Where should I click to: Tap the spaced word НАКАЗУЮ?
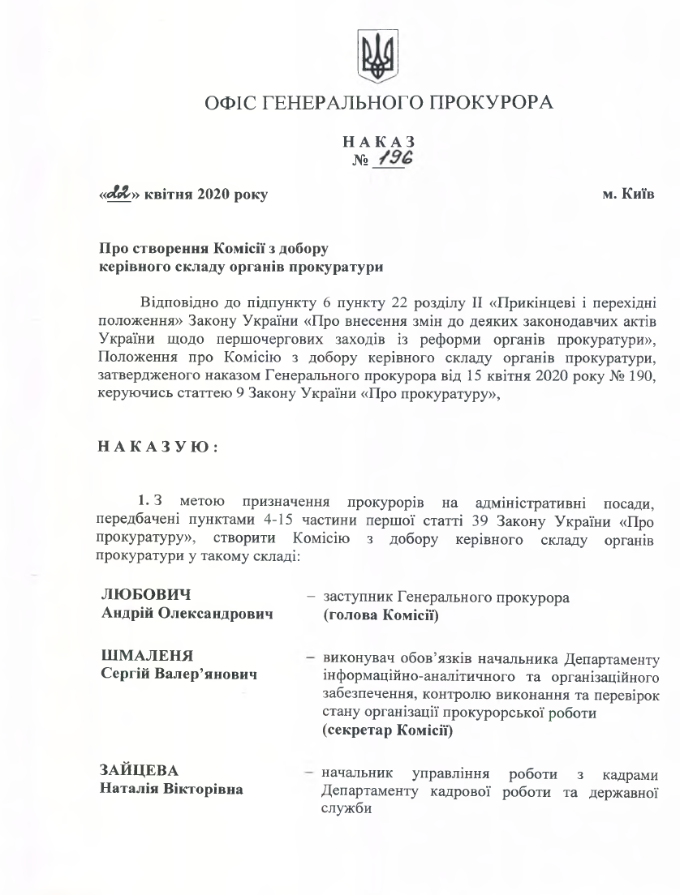tap(157, 446)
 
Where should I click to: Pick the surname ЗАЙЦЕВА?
tap(134, 769)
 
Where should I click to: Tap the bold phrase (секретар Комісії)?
tap(386, 730)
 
